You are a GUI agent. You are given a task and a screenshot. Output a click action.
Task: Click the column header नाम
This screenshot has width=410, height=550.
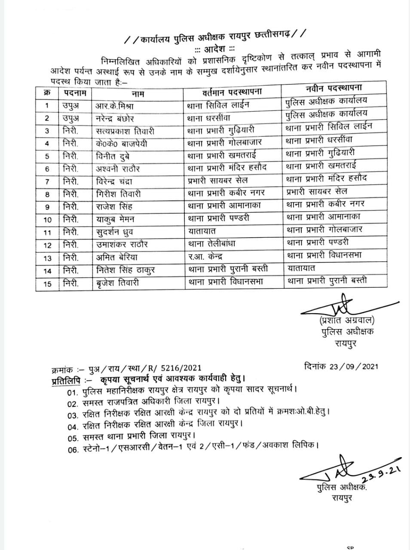pyautogui.click(x=138, y=93)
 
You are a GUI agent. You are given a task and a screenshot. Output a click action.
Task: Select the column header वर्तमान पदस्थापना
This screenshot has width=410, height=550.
pyautogui.click(x=232, y=92)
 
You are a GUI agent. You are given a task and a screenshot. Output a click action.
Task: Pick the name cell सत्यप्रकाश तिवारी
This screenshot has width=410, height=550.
pyautogui.click(x=125, y=131)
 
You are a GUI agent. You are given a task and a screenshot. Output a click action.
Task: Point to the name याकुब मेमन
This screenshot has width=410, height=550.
pyautogui.click(x=115, y=219)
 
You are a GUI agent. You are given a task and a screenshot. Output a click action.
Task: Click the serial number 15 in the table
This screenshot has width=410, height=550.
pyautogui.click(x=47, y=284)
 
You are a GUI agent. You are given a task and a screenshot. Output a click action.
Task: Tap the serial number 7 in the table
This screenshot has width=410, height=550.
pyautogui.click(x=47, y=182)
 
